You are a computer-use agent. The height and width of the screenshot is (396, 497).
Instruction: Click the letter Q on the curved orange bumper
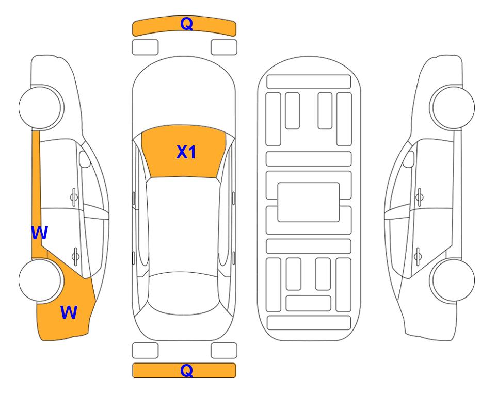click(186, 24)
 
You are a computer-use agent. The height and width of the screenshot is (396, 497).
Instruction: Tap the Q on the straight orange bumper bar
click(186, 370)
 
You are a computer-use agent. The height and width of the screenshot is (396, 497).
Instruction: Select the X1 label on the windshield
click(186, 152)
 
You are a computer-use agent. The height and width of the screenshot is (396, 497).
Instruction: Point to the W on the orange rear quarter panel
click(69, 312)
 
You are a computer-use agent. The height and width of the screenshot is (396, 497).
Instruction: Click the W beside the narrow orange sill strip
click(39, 233)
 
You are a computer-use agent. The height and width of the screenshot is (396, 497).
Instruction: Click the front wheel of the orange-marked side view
click(41, 107)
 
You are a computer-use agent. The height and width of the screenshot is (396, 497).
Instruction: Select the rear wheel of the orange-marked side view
click(40, 280)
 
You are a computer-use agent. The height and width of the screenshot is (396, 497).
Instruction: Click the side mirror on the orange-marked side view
click(84, 159)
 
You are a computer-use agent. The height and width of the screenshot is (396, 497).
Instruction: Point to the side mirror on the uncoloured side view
click(409, 159)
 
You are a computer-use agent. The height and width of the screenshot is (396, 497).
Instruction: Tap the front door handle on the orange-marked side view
click(74, 197)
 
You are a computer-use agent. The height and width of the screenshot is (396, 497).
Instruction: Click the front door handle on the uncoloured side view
click(420, 197)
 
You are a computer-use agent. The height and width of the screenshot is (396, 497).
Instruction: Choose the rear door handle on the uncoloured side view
click(418, 256)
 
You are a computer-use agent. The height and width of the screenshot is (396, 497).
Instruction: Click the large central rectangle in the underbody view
click(309, 202)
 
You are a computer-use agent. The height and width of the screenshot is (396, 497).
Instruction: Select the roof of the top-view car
click(183, 225)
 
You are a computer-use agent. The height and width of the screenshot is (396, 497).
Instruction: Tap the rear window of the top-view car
click(183, 293)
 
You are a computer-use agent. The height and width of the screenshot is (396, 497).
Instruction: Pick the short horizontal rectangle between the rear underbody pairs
click(309, 303)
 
